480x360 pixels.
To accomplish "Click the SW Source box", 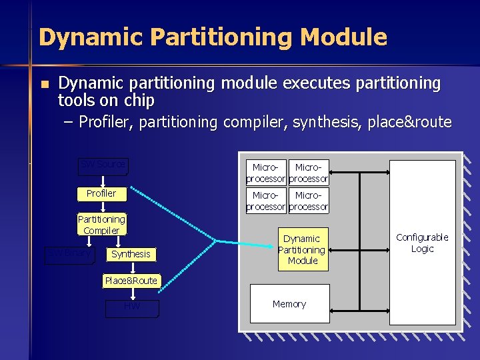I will click(103, 165).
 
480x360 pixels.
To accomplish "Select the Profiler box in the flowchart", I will click(101, 193).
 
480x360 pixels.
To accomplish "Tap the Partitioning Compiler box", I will click(101, 225).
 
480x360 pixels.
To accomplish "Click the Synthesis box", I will click(131, 254).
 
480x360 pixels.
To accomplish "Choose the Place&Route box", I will click(131, 281).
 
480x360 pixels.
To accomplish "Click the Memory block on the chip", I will click(289, 304).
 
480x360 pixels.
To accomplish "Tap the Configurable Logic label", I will click(422, 243).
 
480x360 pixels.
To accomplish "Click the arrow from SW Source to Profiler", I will click(103, 181).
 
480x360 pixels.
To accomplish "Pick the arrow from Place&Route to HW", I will click(131, 294).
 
